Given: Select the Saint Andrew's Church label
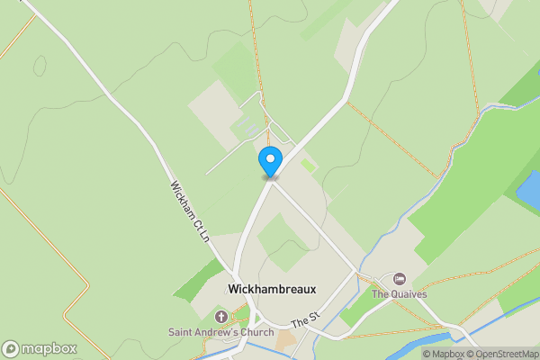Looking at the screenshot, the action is click(220, 333).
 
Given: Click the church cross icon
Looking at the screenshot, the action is click(221, 317).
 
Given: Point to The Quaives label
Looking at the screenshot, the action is click(399, 293).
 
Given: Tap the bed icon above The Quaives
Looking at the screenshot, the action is click(399, 278).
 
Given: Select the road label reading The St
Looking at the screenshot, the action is click(306, 319).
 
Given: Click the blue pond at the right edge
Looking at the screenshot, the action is click(529, 189).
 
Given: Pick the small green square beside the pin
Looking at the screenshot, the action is click(309, 166).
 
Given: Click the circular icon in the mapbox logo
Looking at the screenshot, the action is click(12, 348).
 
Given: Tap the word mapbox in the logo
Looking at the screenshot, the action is click(49, 348).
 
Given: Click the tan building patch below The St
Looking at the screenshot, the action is click(285, 341).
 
